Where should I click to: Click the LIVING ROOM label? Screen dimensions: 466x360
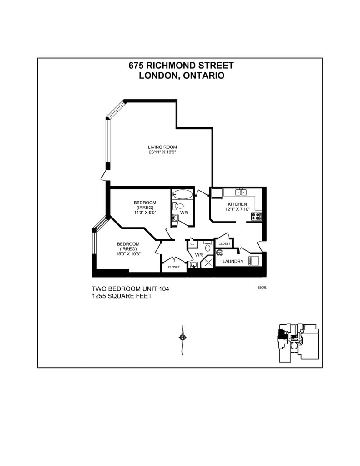[x=162, y=147]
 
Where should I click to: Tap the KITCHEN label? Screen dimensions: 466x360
[x=237, y=204]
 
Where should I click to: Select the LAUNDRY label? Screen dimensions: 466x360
[x=233, y=261]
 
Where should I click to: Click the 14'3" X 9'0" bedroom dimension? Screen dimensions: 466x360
[x=145, y=213]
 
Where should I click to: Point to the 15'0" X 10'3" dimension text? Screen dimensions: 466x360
[x=129, y=254]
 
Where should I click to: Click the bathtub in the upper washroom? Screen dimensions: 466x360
[x=183, y=195]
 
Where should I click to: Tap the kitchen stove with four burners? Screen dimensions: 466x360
[x=257, y=216]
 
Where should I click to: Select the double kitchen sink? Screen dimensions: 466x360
[x=241, y=192]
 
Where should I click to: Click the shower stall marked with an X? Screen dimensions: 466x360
[x=208, y=262]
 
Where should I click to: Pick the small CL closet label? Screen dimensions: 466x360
[x=192, y=244]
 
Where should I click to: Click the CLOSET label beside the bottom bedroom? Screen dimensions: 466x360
[x=174, y=267]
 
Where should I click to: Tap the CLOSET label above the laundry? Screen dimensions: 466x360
[x=224, y=244]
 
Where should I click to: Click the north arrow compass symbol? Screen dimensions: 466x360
[x=182, y=338]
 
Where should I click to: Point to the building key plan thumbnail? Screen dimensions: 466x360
[x=298, y=343]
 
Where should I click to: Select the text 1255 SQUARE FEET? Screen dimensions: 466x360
[x=122, y=296]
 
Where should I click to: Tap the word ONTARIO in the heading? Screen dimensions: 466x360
[x=203, y=76]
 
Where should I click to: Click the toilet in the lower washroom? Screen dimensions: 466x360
[x=208, y=247]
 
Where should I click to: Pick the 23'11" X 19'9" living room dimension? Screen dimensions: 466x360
[x=162, y=152]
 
